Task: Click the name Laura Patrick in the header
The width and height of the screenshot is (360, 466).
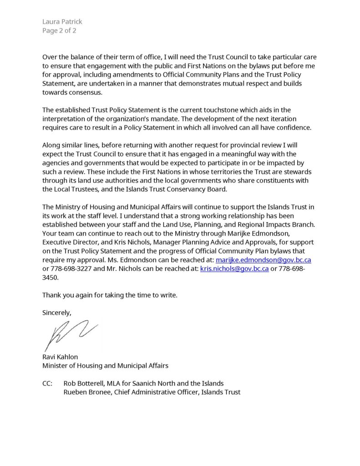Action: click(62, 21)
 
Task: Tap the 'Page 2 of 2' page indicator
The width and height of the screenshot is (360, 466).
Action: click(59, 30)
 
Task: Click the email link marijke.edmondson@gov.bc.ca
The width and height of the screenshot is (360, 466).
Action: click(263, 260)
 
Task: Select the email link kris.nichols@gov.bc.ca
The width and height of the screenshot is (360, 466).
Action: click(234, 268)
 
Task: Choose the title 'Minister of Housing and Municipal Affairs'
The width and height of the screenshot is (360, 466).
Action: click(105, 365)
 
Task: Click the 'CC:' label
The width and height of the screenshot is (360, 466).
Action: click(47, 383)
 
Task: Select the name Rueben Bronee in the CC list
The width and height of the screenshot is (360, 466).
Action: click(88, 392)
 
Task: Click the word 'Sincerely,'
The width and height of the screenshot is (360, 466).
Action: click(57, 313)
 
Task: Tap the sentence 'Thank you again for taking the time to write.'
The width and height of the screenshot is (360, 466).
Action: click(110, 295)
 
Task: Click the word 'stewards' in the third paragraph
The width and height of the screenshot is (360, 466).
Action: click(298, 172)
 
